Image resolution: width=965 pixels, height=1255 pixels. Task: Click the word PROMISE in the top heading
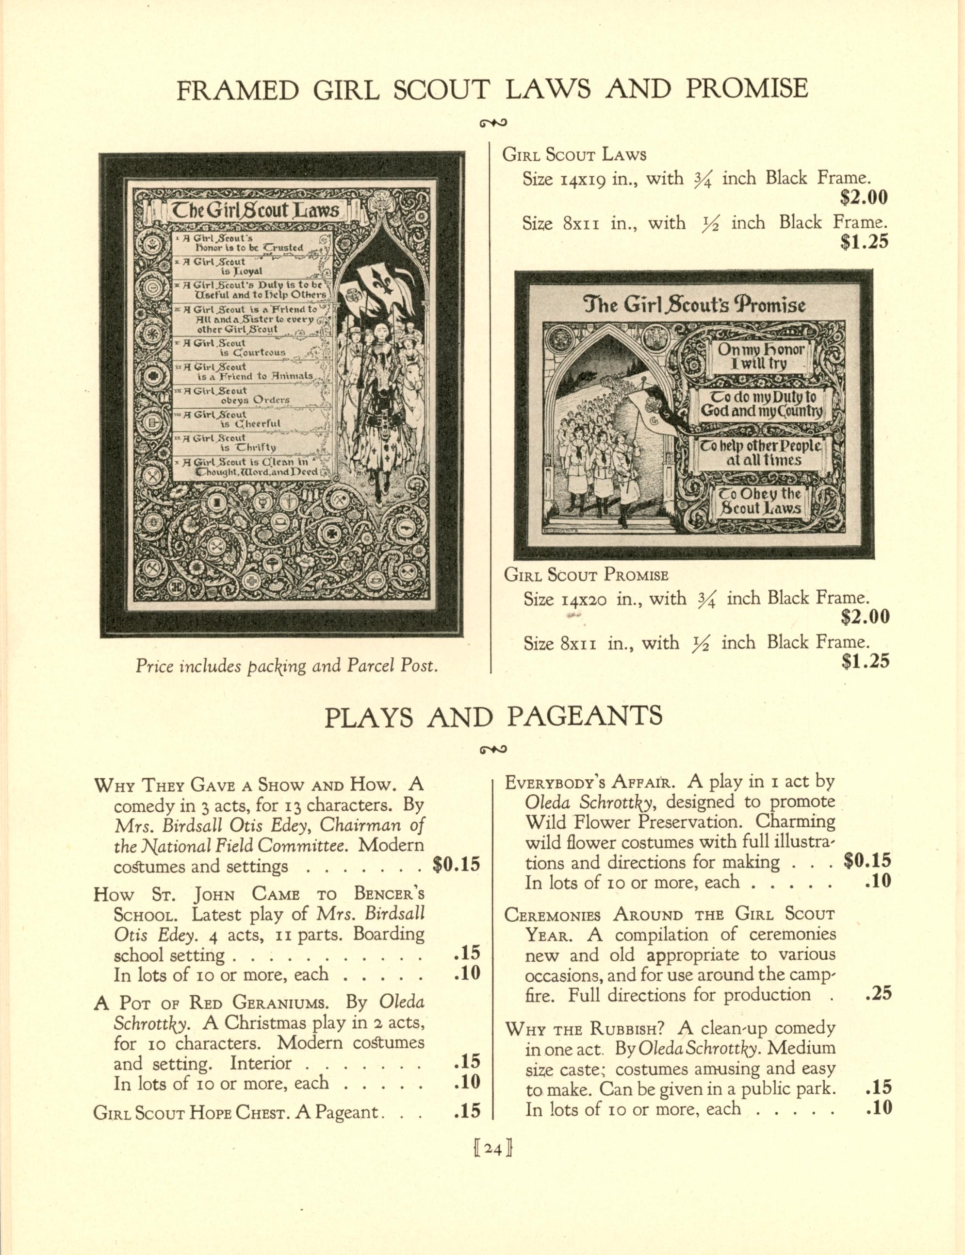point(747,89)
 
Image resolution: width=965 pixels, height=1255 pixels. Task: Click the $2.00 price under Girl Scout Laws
point(863,198)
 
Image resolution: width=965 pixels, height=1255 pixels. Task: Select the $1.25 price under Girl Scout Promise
point(865,661)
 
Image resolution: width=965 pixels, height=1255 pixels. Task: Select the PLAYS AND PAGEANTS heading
point(493,717)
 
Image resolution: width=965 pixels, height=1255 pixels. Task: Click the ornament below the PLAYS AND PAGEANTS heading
point(493,749)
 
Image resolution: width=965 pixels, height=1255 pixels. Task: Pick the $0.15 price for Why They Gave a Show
point(456,865)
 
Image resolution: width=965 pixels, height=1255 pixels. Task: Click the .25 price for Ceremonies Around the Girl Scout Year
point(878,994)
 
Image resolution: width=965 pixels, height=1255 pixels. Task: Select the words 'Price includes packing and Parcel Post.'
point(287,666)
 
